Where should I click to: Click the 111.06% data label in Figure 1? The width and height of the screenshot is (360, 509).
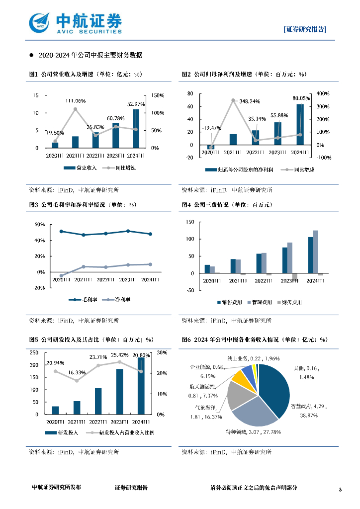(x=76, y=101)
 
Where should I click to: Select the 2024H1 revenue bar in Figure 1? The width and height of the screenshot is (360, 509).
(x=136, y=128)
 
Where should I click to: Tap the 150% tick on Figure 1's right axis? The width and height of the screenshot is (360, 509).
(x=158, y=95)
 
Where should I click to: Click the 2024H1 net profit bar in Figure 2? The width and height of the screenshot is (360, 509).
(x=300, y=124)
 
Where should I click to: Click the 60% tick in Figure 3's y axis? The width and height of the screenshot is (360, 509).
(x=40, y=225)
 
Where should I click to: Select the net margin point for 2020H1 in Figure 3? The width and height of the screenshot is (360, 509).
(x=61, y=275)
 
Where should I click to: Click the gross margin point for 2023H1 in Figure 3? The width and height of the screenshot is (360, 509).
(x=128, y=231)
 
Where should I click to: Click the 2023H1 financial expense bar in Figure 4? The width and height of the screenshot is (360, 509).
(x=295, y=277)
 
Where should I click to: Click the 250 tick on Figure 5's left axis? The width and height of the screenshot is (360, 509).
(x=34, y=352)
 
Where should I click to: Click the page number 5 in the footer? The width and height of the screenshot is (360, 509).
(x=341, y=490)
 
